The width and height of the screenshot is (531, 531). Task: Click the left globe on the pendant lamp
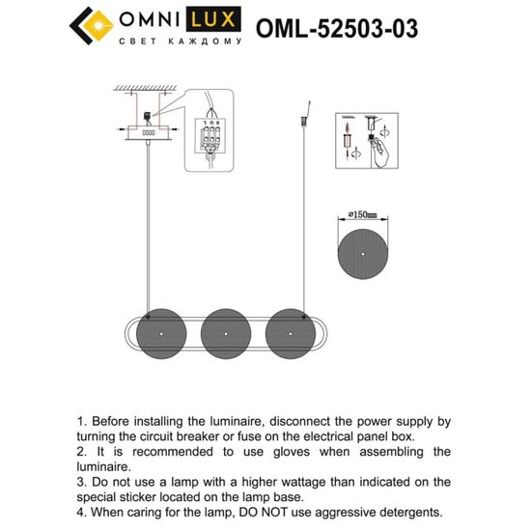pos(158,331)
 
